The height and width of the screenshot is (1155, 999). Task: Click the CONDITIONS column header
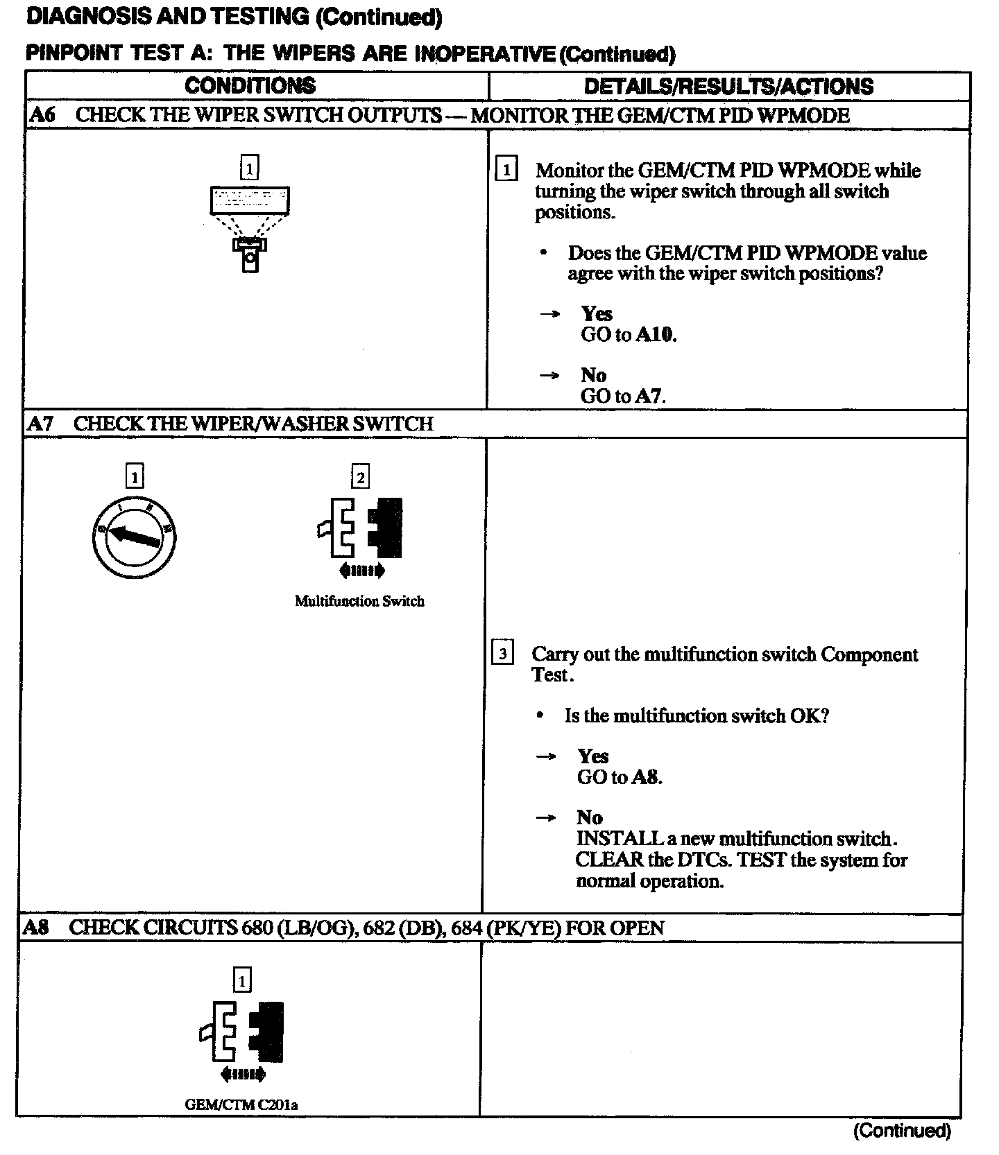click(250, 86)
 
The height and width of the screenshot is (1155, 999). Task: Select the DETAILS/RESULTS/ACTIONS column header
click(728, 86)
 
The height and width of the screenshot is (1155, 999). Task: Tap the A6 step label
click(42, 115)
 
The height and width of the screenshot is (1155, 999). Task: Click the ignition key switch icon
click(133, 537)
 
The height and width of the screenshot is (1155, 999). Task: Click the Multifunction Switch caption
click(359, 601)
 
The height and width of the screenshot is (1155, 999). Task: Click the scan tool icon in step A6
click(249, 222)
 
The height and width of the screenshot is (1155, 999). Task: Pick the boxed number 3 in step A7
click(502, 654)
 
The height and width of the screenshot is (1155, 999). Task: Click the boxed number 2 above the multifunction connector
click(360, 477)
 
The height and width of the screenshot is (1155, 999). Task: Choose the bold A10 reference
click(656, 335)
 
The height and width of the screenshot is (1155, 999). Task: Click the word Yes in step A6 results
click(597, 314)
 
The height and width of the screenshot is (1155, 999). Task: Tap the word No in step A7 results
click(590, 818)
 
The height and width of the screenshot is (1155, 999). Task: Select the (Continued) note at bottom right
click(901, 1131)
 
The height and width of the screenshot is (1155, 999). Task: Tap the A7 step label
click(40, 424)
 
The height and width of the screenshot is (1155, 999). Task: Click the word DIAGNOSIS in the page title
click(90, 17)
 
